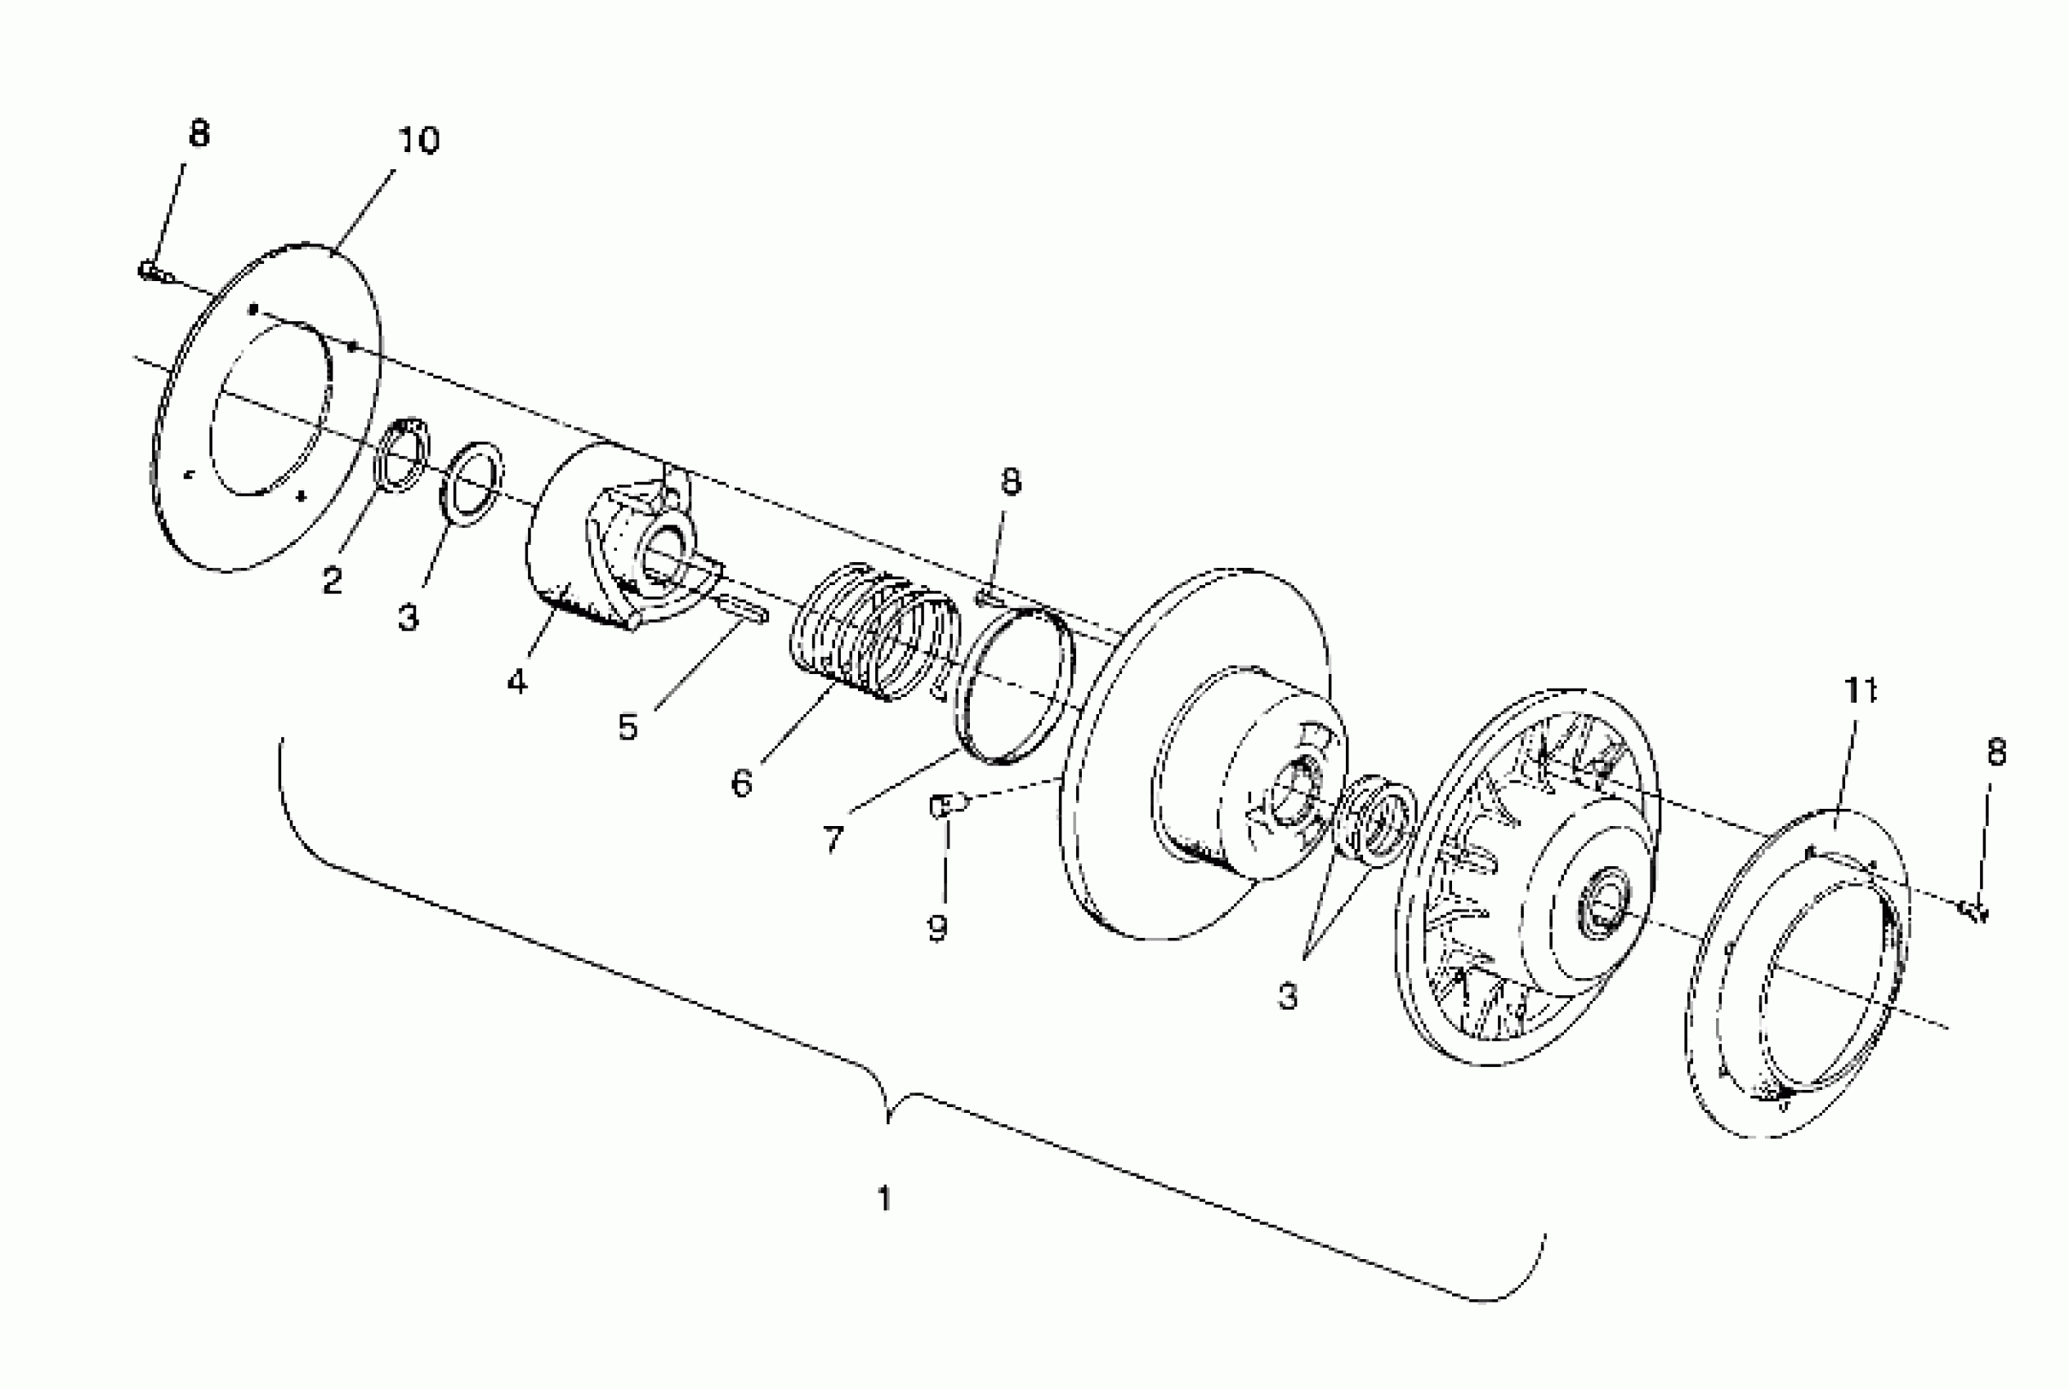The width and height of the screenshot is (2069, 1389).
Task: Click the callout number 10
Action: coord(418,141)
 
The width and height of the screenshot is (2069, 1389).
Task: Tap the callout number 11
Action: coord(1859,690)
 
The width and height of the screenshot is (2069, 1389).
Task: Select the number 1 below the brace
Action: coord(884,1199)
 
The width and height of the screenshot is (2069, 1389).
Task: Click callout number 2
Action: coord(332,581)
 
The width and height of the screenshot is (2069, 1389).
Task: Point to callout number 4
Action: coord(517,681)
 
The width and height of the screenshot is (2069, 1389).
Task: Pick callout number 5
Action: coord(628,727)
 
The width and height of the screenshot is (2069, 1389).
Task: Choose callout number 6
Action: coord(742,782)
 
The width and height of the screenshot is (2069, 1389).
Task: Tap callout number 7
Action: coord(833,837)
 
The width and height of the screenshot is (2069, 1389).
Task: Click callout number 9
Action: coord(938,927)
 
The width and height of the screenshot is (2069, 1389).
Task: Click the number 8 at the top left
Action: coord(199,134)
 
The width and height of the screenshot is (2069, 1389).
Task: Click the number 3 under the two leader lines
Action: coord(1288,996)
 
